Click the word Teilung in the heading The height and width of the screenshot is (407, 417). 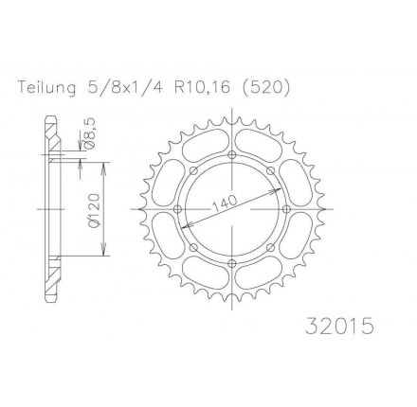pyautogui.click(x=47, y=88)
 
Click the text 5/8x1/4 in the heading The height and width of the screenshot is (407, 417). pyautogui.click(x=123, y=87)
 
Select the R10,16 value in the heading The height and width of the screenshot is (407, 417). pyautogui.click(x=201, y=88)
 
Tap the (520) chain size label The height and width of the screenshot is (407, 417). pyautogui.click(x=265, y=88)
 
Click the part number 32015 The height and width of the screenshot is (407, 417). pyautogui.click(x=339, y=326)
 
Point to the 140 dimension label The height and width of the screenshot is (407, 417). pyautogui.click(x=225, y=204)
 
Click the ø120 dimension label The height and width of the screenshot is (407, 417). pyautogui.click(x=95, y=210)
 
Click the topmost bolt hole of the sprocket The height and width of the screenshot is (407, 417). pyautogui.click(x=232, y=154)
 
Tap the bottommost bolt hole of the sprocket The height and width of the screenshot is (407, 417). pyautogui.click(x=232, y=263)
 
